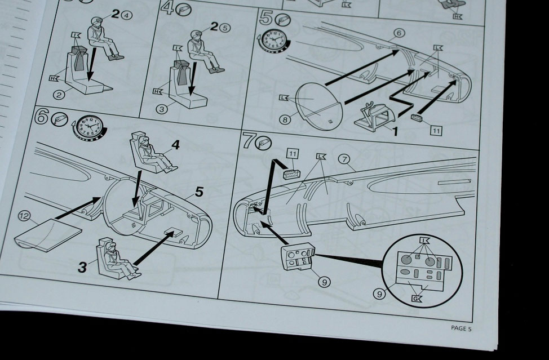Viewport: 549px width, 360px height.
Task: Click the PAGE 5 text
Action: click(461, 328)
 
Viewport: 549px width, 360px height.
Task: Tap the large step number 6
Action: click(42, 117)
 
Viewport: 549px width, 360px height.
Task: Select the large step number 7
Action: click(248, 141)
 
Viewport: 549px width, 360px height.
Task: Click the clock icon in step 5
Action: click(275, 39)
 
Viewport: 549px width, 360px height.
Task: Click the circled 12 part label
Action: click(24, 216)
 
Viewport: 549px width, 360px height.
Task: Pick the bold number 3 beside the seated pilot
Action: click(82, 267)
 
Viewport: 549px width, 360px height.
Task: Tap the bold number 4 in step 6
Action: click(175, 144)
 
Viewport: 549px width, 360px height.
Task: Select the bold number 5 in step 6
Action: click(199, 192)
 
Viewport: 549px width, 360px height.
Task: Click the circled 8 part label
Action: click(285, 119)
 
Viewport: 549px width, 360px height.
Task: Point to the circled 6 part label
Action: click(399, 33)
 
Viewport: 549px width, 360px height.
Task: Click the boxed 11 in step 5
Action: click(436, 131)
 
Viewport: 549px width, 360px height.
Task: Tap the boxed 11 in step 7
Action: click(293, 154)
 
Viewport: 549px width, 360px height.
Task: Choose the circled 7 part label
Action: click(344, 159)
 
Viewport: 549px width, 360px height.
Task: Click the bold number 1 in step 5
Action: click(395, 131)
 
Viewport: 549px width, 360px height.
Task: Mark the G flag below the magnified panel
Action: click(417, 299)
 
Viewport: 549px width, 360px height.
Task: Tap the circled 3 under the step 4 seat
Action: click(161, 109)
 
